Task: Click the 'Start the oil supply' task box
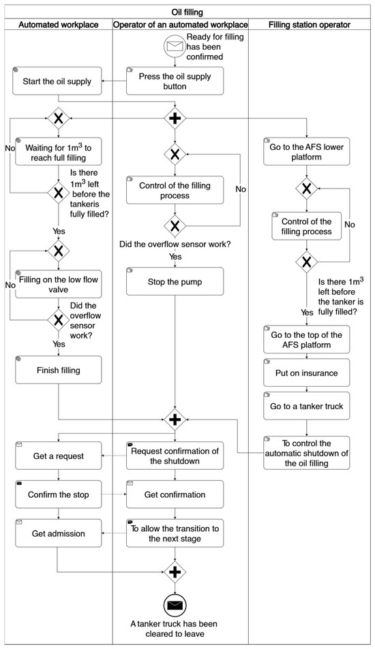(x=59, y=81)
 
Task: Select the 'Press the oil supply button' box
(x=175, y=81)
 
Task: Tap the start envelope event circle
(x=175, y=46)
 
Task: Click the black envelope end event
(x=175, y=606)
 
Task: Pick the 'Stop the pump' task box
(x=175, y=281)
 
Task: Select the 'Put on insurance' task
(x=307, y=373)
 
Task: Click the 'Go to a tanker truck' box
(x=307, y=406)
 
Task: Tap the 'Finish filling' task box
(x=59, y=370)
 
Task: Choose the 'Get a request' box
(x=59, y=456)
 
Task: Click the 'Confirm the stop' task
(x=59, y=494)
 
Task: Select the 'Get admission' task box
(x=59, y=533)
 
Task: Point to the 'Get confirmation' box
(x=175, y=494)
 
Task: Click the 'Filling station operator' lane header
(x=310, y=25)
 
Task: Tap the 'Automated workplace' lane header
(x=59, y=25)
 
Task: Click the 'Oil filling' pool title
(x=187, y=12)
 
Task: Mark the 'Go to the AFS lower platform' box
(x=307, y=151)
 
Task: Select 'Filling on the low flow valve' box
(x=59, y=285)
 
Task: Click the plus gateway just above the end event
(x=175, y=572)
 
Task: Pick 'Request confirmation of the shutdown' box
(x=175, y=456)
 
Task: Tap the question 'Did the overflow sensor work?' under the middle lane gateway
(x=175, y=244)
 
